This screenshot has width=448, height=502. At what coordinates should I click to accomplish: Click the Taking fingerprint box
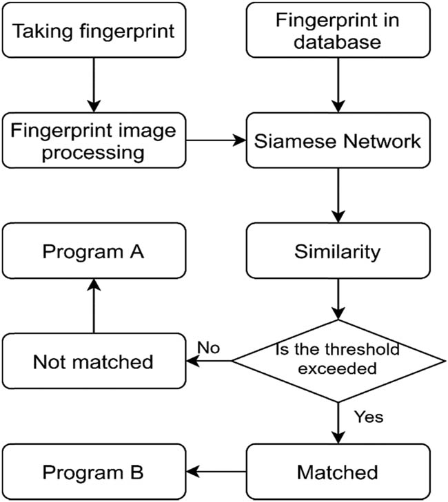point(94,30)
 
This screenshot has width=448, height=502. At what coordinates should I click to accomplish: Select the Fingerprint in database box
point(337,30)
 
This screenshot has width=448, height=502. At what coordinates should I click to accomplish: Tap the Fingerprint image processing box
point(94,140)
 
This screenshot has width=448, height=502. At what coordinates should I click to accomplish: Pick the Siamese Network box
point(337,140)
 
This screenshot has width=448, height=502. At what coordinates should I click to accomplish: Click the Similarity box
point(337,251)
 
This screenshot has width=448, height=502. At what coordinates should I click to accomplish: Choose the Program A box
point(94,251)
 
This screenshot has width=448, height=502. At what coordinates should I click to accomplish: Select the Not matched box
point(94,362)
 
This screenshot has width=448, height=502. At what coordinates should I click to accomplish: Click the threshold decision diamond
point(337,360)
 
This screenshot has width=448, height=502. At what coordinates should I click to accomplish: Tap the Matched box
point(337,472)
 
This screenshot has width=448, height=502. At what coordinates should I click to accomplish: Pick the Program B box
point(94,472)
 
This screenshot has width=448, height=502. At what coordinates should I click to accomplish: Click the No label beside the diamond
point(208,348)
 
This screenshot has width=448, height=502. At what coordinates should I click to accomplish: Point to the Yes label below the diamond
point(367,417)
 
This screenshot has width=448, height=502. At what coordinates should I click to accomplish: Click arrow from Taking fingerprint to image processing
point(94,85)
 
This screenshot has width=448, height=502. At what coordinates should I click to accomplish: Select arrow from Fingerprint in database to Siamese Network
point(337,85)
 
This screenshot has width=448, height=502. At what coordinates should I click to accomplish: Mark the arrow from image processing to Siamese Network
point(216,140)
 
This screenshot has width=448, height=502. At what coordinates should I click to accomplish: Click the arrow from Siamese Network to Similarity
point(337,196)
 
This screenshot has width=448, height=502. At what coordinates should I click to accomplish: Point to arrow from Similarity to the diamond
point(337,299)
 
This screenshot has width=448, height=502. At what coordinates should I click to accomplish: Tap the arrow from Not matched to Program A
point(94,306)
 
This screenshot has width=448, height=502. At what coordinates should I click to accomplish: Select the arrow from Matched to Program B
point(216,472)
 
